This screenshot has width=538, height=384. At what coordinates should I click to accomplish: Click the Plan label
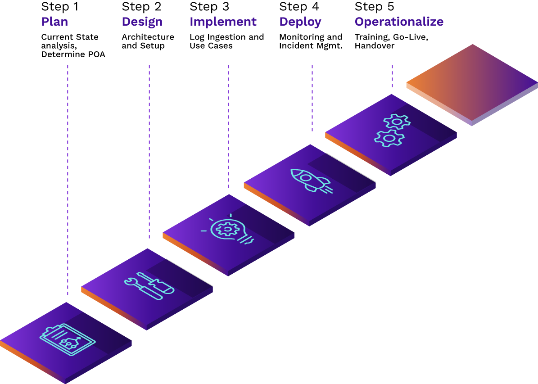[x=54, y=22]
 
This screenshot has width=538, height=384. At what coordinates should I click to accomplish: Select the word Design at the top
[x=142, y=22]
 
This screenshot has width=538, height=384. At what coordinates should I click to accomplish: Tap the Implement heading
[x=223, y=22]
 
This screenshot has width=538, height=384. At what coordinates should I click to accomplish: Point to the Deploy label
[x=300, y=22]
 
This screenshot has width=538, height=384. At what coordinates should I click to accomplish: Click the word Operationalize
[x=399, y=22]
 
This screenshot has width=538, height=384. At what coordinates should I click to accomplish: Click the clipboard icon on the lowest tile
[x=68, y=339]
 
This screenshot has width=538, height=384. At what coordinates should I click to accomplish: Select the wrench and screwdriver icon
[x=149, y=285]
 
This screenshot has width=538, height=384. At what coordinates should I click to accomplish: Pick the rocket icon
[x=311, y=180]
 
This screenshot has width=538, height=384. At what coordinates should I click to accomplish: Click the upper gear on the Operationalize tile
[x=397, y=122]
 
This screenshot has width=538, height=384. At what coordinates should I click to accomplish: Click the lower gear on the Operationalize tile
[x=389, y=138]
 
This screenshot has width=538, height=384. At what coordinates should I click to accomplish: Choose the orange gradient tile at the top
[x=472, y=83]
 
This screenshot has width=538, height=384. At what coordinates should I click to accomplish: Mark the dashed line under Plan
[x=68, y=180]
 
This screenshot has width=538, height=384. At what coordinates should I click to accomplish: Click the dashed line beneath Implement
[x=228, y=126]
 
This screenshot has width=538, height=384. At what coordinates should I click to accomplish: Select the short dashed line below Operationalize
[x=392, y=76]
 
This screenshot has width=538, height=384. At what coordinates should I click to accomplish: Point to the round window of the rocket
[x=306, y=177]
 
